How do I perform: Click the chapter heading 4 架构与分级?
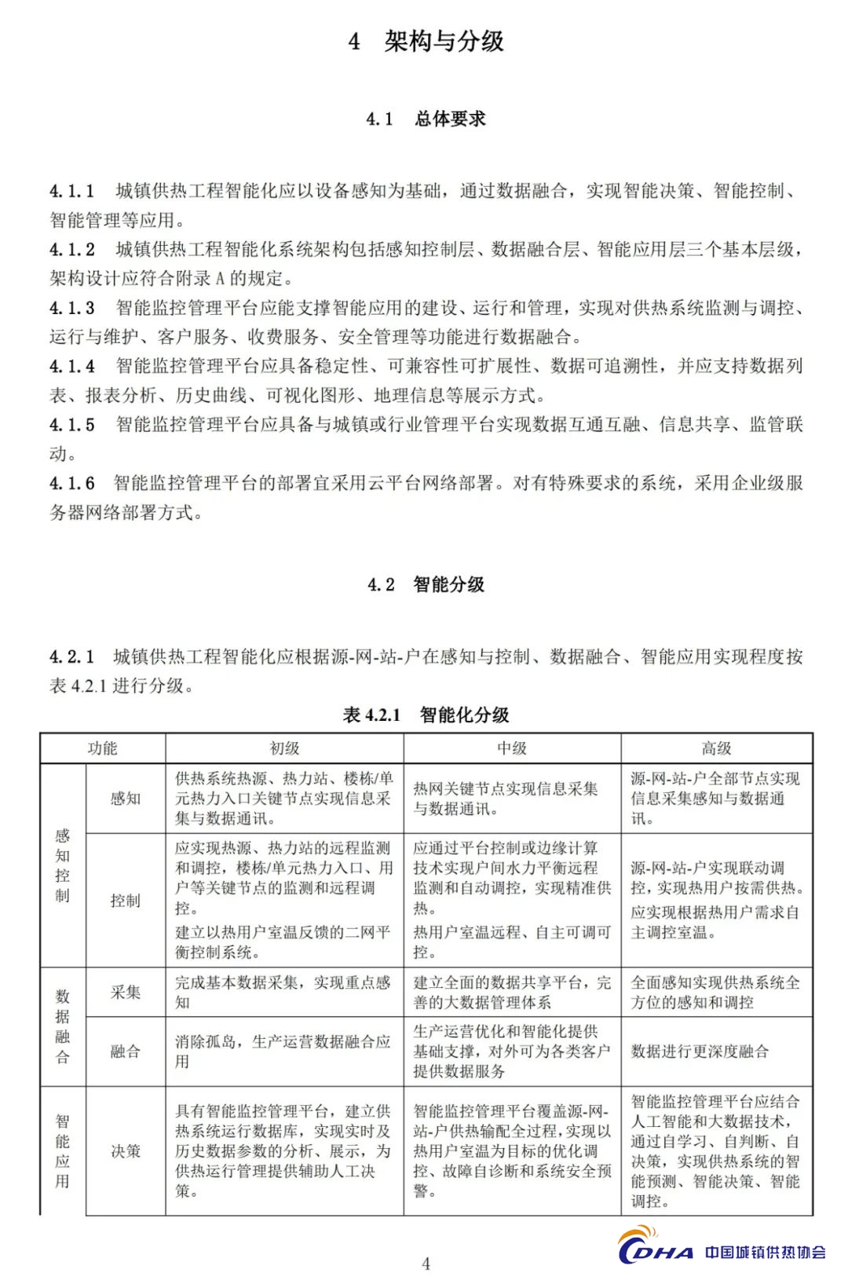426,41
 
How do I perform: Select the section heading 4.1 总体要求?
426,119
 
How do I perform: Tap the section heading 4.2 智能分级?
426,584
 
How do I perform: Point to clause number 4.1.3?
72,308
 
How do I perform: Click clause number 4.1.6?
72,483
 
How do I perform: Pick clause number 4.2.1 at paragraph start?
72,657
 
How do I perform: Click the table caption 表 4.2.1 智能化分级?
426,715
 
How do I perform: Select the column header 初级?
284,748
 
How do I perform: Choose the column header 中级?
512,748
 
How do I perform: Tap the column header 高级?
716,748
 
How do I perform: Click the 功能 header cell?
102,748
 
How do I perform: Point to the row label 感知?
125,799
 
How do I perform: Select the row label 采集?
125,992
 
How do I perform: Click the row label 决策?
125,1151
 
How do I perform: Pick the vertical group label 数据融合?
62,1026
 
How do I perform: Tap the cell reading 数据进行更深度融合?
700,1052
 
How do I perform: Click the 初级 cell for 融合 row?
283,1052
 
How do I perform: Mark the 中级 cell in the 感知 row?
506,799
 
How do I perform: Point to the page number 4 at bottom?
426,1264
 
